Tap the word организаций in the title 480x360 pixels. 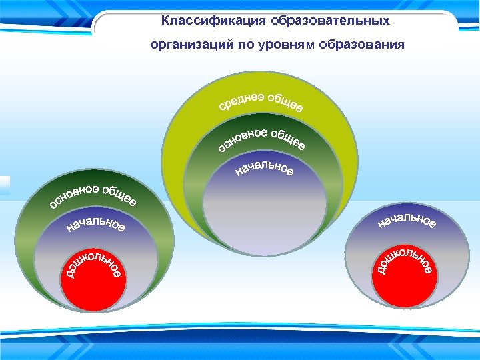point(188,45)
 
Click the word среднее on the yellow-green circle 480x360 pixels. point(241,103)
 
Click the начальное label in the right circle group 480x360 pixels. point(407,220)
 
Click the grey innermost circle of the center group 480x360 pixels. point(265,213)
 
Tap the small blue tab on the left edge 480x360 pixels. point(5,186)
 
